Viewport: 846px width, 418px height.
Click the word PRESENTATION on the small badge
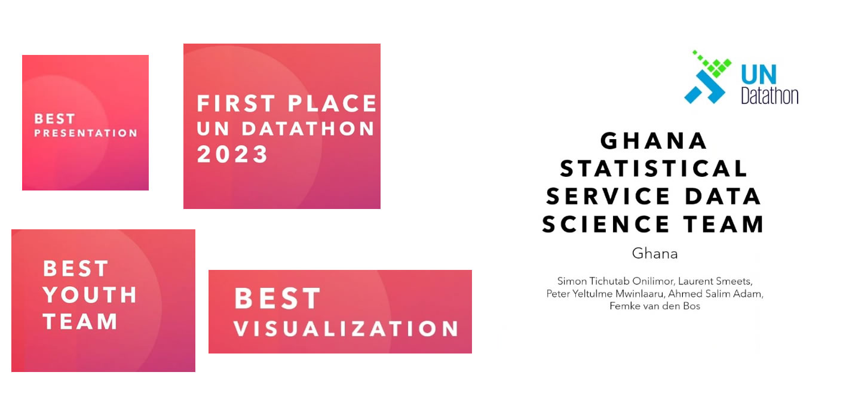click(85, 133)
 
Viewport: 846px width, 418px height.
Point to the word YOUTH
click(90, 295)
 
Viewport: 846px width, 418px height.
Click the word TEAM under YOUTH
click(80, 322)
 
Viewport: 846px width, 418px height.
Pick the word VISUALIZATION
click(346, 328)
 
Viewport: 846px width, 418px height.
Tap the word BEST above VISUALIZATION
click(277, 299)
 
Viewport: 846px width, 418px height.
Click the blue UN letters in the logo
click(759, 76)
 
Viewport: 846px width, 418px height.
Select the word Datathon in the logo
click(770, 96)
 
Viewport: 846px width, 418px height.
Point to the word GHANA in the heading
click(654, 142)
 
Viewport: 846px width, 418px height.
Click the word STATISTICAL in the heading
click(654, 169)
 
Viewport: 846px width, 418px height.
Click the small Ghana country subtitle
click(655, 254)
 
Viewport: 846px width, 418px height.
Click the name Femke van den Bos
click(654, 306)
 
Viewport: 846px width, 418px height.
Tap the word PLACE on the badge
click(332, 104)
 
